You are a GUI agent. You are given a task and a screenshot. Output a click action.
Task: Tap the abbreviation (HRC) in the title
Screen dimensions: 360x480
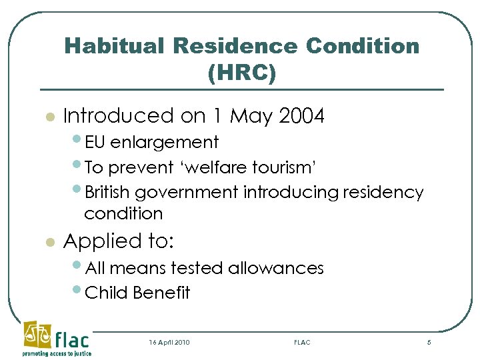point(241,72)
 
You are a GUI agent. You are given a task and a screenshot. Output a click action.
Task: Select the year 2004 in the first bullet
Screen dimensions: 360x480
point(302,116)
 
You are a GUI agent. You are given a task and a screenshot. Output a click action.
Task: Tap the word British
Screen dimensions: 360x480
point(109,193)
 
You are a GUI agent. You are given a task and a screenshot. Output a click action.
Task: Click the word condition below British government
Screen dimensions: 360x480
point(123,213)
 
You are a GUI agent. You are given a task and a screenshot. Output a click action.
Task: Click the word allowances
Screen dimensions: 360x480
point(275,268)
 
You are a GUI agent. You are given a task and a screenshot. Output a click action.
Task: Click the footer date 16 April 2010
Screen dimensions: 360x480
point(169,342)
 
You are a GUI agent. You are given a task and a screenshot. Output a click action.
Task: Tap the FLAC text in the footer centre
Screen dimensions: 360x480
point(302,342)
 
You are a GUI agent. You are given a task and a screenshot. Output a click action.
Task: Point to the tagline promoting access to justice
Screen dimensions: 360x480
point(57,353)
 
